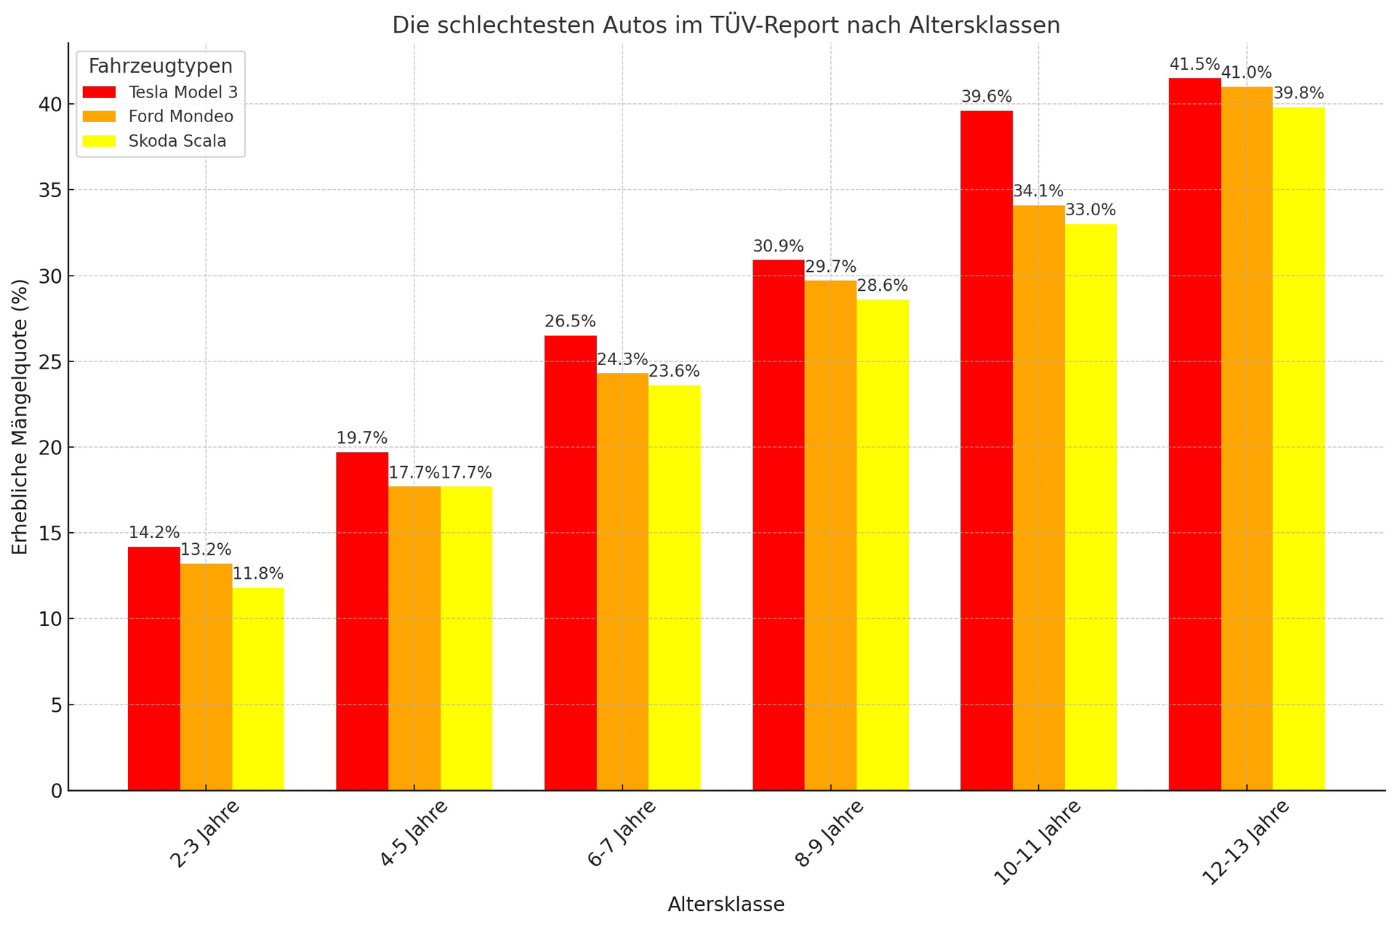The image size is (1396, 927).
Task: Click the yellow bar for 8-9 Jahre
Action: pos(883,545)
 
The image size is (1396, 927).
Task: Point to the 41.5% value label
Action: pos(1195,65)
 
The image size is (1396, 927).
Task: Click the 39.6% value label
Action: pos(987,97)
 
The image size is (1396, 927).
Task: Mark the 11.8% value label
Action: pos(258,574)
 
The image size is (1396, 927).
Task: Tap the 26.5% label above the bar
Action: pos(570,322)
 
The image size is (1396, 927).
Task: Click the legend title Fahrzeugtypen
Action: pos(161,66)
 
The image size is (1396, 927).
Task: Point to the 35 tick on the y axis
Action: pos(49,190)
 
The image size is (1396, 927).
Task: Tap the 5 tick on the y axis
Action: pos(55,705)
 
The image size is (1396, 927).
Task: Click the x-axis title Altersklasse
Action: pos(726,905)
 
